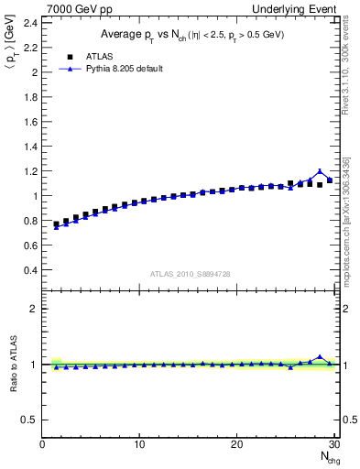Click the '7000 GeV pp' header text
pyautogui.click(x=73, y=8)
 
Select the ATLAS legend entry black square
pyautogui.click(x=70, y=56)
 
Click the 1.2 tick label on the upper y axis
pyautogui.click(x=30, y=170)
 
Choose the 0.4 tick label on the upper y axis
pyautogui.click(x=30, y=270)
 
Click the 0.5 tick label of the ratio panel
pyautogui.click(x=30, y=420)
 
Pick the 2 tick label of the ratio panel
pyautogui.click(x=34, y=309)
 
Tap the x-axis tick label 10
pyautogui.click(x=139, y=444)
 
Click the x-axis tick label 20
pyautogui.click(x=236, y=444)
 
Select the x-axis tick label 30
pyautogui.click(x=333, y=444)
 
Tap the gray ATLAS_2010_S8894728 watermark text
pyautogui.click(x=191, y=273)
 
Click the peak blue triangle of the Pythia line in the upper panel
pyautogui.click(x=320, y=171)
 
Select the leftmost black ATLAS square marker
pyautogui.click(x=56, y=224)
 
